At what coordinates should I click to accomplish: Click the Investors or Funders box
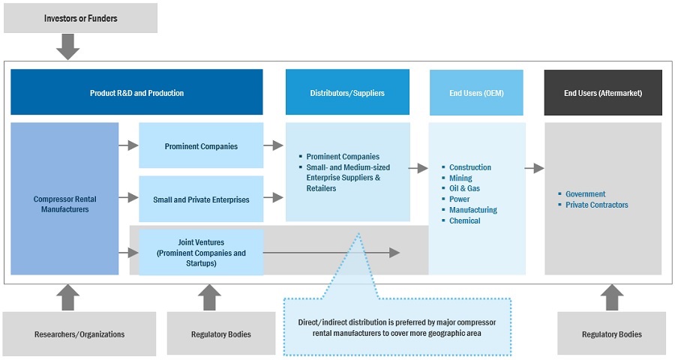[x=80, y=18]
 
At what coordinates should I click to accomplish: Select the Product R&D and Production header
[x=136, y=93]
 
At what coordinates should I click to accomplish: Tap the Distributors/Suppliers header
[x=347, y=93]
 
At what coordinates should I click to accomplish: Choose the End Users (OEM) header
[x=476, y=93]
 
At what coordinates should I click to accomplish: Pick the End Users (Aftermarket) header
[x=603, y=93]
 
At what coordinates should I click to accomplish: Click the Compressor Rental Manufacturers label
[x=64, y=204]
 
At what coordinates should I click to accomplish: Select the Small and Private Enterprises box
[x=201, y=199]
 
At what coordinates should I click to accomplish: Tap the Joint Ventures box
[x=201, y=253]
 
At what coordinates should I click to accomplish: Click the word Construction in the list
[x=470, y=167]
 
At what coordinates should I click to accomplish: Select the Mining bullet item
[x=460, y=178]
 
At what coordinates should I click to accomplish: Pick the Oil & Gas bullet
[x=464, y=189]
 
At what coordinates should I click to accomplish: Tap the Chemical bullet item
[x=464, y=220]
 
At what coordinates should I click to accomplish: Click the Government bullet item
[x=585, y=193]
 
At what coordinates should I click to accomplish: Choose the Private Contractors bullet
[x=596, y=205]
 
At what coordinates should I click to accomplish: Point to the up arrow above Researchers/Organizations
[x=68, y=297]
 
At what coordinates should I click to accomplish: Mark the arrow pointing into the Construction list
[x=418, y=168]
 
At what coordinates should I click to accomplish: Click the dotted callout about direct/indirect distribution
[x=397, y=326]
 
